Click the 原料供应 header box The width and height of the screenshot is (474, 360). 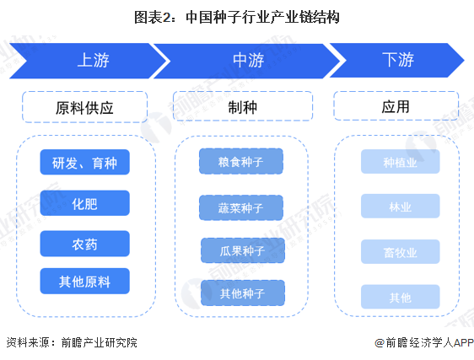[x=84, y=108]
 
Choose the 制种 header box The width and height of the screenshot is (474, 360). [x=242, y=107]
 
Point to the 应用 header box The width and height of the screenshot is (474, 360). [x=396, y=107]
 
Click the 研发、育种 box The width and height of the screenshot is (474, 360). [x=84, y=163]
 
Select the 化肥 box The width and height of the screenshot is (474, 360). [x=84, y=203]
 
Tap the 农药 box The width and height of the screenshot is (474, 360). [x=84, y=243]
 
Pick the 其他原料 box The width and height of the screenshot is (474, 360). [x=84, y=282]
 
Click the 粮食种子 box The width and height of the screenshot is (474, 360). [x=242, y=162]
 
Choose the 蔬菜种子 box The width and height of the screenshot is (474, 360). [x=242, y=207]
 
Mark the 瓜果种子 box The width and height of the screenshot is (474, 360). [x=242, y=250]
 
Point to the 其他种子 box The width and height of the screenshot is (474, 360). [x=242, y=293]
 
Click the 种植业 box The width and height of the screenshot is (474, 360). [x=400, y=163]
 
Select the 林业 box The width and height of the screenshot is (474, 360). [x=400, y=207]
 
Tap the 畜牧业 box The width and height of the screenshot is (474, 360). [x=400, y=252]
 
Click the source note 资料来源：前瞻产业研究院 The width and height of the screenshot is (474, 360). [x=71, y=343]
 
